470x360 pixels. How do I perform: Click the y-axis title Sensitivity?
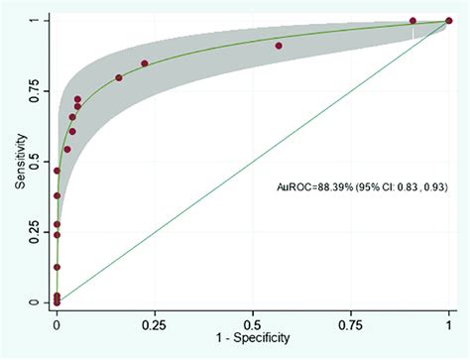click(x=19, y=161)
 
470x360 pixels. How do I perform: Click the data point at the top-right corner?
click(x=449, y=20)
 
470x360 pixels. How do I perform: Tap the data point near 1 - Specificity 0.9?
click(x=412, y=20)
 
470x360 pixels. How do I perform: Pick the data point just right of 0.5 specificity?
click(x=279, y=46)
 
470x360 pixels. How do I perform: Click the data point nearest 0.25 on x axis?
click(x=145, y=63)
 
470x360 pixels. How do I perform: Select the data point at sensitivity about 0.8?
click(x=119, y=77)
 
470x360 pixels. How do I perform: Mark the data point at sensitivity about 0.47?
click(x=57, y=171)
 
